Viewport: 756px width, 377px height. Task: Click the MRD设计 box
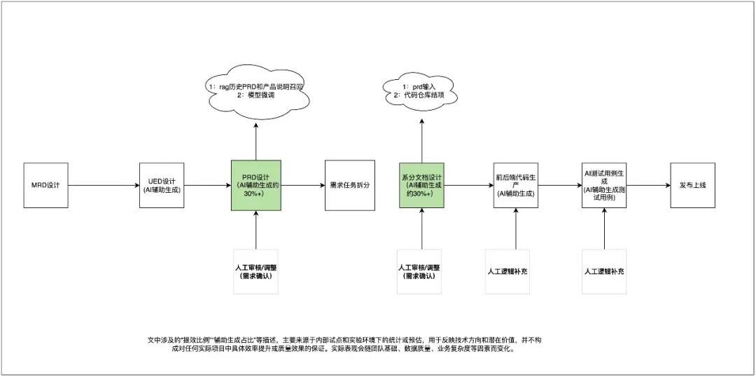point(45,185)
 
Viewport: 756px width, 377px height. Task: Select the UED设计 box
point(163,185)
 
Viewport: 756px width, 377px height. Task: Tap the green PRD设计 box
point(255,185)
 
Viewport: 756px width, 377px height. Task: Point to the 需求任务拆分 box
point(347,185)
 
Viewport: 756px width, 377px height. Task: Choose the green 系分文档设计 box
point(422,185)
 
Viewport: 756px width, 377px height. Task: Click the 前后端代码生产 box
point(515,185)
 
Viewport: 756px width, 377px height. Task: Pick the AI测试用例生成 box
point(604,185)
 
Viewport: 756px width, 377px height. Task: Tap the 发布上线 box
point(692,185)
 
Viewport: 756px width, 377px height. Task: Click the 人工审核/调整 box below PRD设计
point(255,271)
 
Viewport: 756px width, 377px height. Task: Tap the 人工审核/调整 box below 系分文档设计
point(422,271)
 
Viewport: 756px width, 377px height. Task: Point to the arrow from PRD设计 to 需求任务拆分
point(302,186)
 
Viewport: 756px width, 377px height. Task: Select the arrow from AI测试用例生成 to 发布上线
point(648,186)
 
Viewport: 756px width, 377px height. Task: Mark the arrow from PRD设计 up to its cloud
point(255,140)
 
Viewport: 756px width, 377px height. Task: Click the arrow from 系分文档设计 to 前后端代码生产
point(470,186)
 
